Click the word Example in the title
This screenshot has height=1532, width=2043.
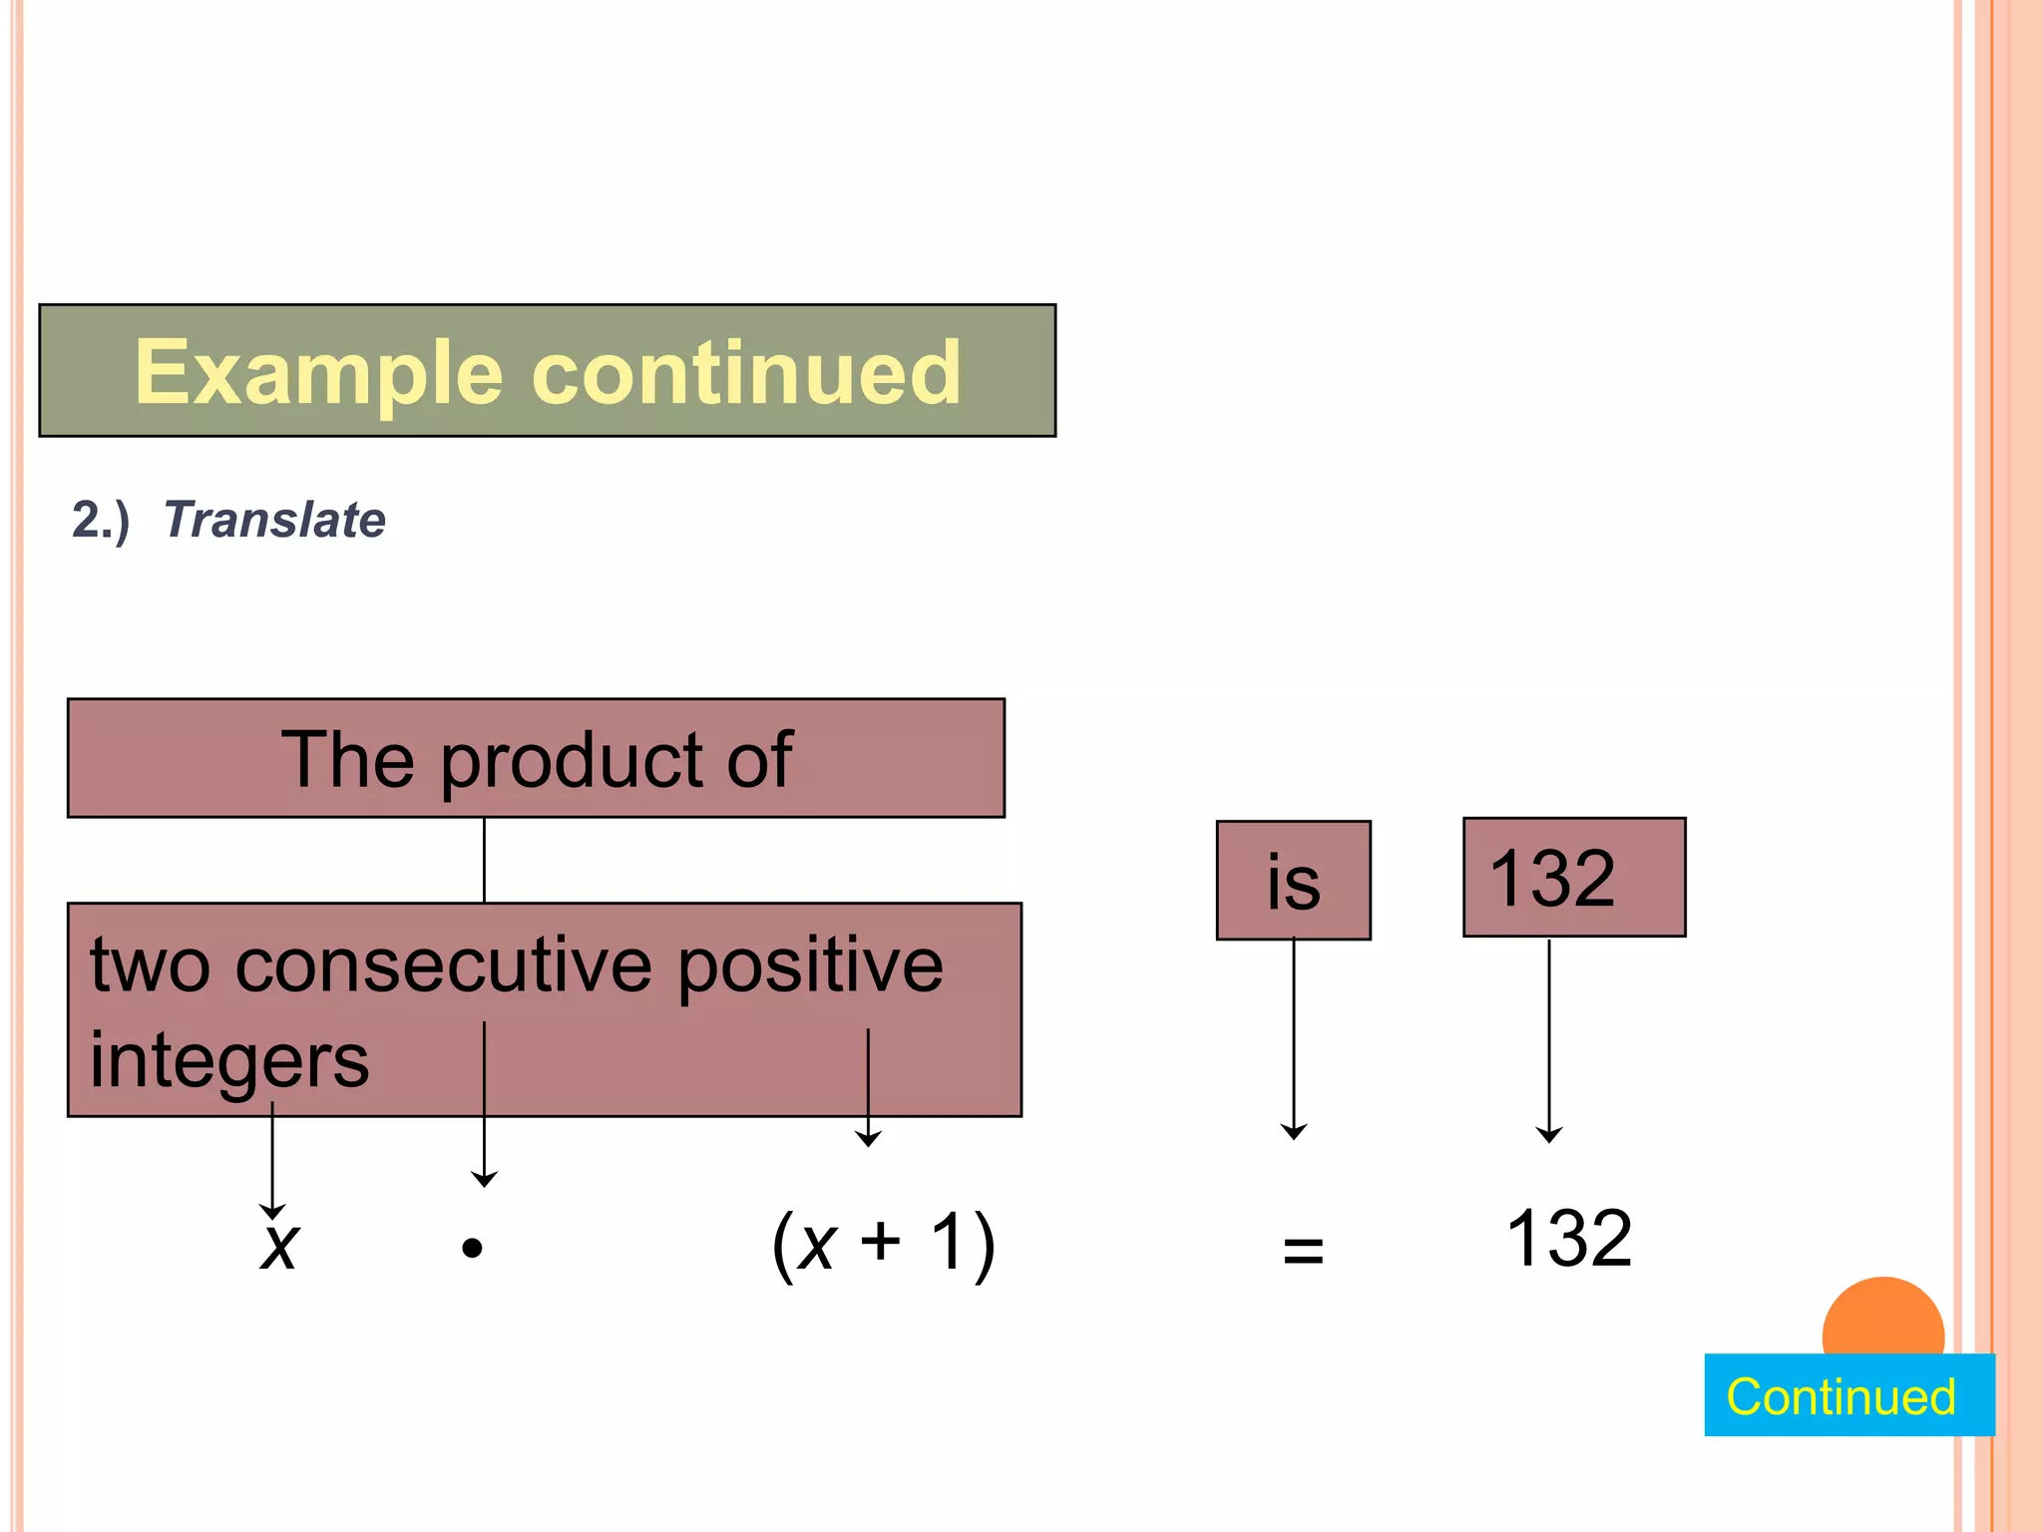pos(318,373)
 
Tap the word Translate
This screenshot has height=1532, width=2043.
pos(274,520)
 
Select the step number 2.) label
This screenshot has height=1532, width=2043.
pos(101,520)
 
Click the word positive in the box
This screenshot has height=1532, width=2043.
pos(809,967)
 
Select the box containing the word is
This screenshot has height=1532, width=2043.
pos(1293,881)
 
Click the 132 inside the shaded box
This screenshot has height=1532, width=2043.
pos(1551,879)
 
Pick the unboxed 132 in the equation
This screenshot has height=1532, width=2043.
pos(1569,1239)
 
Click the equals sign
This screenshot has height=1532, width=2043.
pos(1303,1249)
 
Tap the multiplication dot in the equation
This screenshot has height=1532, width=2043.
pos(473,1248)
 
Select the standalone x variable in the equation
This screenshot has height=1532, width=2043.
pos(279,1246)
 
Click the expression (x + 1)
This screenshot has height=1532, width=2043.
pos(883,1244)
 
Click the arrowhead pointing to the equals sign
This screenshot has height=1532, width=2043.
pos(1294,1132)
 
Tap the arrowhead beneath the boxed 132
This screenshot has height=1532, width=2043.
pos(1549,1134)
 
